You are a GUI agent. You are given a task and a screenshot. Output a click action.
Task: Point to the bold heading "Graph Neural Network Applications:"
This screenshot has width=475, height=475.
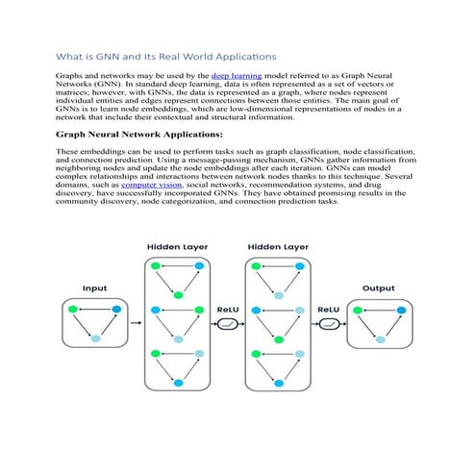click(x=139, y=135)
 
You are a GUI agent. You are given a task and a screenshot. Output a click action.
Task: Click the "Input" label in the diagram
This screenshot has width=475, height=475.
click(x=94, y=287)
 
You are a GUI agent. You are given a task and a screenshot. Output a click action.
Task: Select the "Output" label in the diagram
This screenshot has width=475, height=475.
click(x=378, y=287)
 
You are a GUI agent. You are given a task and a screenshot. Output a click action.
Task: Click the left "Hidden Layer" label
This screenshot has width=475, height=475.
click(x=178, y=247)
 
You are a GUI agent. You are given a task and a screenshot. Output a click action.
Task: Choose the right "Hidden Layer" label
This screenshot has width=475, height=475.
click(x=279, y=247)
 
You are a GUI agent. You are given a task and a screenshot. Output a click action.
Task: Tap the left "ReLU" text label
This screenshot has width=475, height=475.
click(x=228, y=309)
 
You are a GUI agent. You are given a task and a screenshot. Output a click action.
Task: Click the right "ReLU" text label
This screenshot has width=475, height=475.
click(x=329, y=309)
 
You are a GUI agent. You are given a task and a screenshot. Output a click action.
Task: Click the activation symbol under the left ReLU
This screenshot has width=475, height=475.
click(x=228, y=325)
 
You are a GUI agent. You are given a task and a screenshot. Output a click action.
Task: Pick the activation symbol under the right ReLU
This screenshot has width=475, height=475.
click(x=329, y=325)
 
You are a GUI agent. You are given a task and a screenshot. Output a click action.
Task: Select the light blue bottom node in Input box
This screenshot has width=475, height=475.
click(x=94, y=338)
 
